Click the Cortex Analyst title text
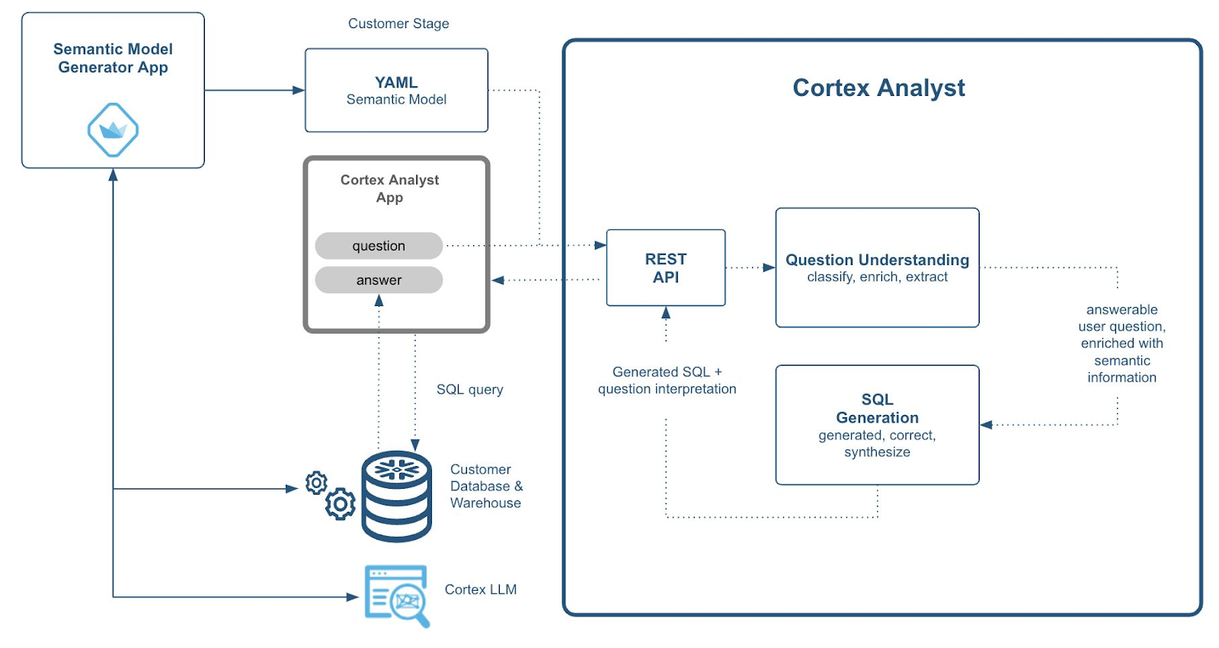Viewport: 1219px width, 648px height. (878, 88)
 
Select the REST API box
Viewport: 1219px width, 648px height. (665, 268)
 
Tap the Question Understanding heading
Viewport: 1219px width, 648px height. (877, 260)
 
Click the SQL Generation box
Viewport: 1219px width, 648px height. (877, 424)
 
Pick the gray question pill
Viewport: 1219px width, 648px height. (379, 246)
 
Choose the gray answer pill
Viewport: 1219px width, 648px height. (379, 280)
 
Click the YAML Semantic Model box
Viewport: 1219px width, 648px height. (396, 91)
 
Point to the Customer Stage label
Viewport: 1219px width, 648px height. (398, 24)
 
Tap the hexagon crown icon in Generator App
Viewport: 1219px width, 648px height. (113, 130)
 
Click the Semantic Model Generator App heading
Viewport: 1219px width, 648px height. (113, 58)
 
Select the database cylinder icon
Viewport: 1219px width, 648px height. (396, 496)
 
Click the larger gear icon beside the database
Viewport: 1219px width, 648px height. (341, 503)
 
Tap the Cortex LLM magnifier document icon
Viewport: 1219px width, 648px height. (397, 595)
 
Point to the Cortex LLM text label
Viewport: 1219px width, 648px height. (481, 589)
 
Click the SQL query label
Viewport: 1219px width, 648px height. (469, 389)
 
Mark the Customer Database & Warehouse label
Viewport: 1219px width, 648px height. (486, 486)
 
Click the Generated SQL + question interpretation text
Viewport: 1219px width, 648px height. (667, 380)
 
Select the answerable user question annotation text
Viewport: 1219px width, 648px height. (1121, 343)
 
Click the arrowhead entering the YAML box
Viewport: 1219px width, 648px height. (299, 90)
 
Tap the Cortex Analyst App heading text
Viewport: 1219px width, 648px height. (389, 188)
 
